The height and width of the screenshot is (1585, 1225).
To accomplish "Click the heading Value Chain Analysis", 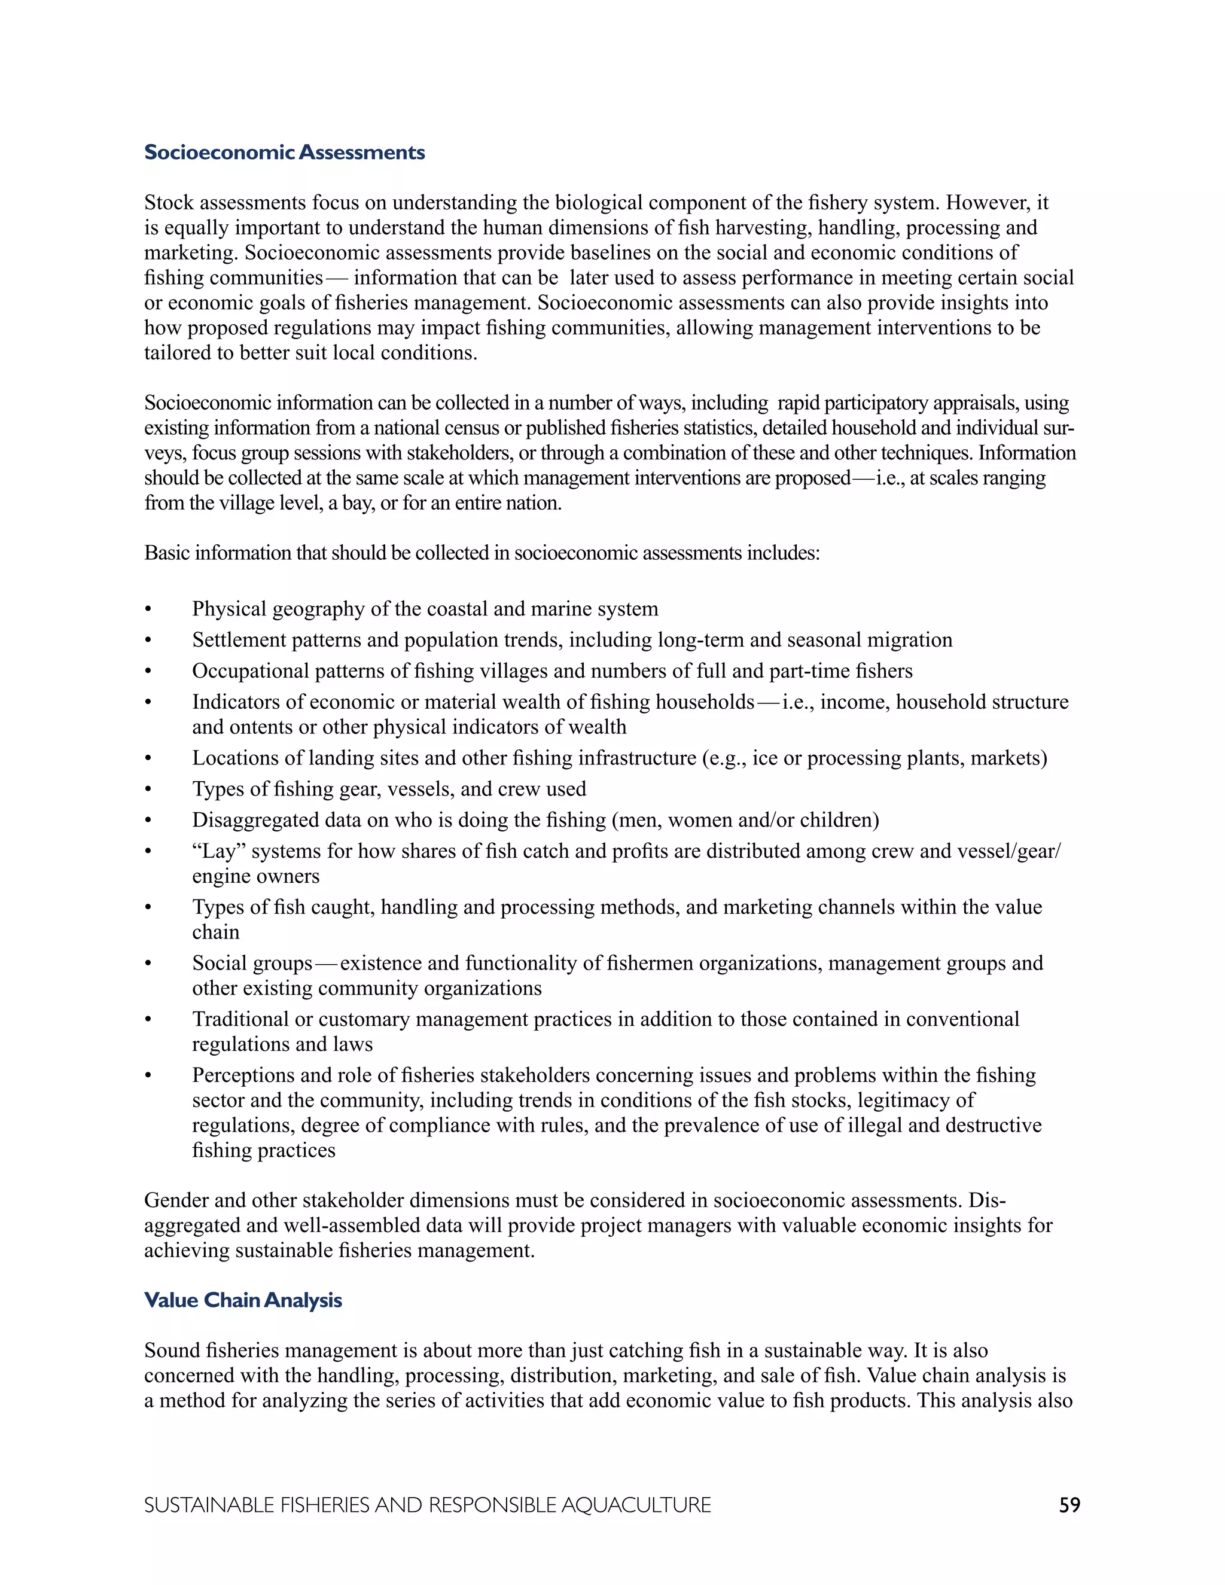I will coord(242,1300).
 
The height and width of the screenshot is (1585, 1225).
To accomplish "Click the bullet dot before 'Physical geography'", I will coord(148,609).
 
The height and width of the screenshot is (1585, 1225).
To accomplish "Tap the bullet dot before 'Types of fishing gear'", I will coord(148,790).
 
